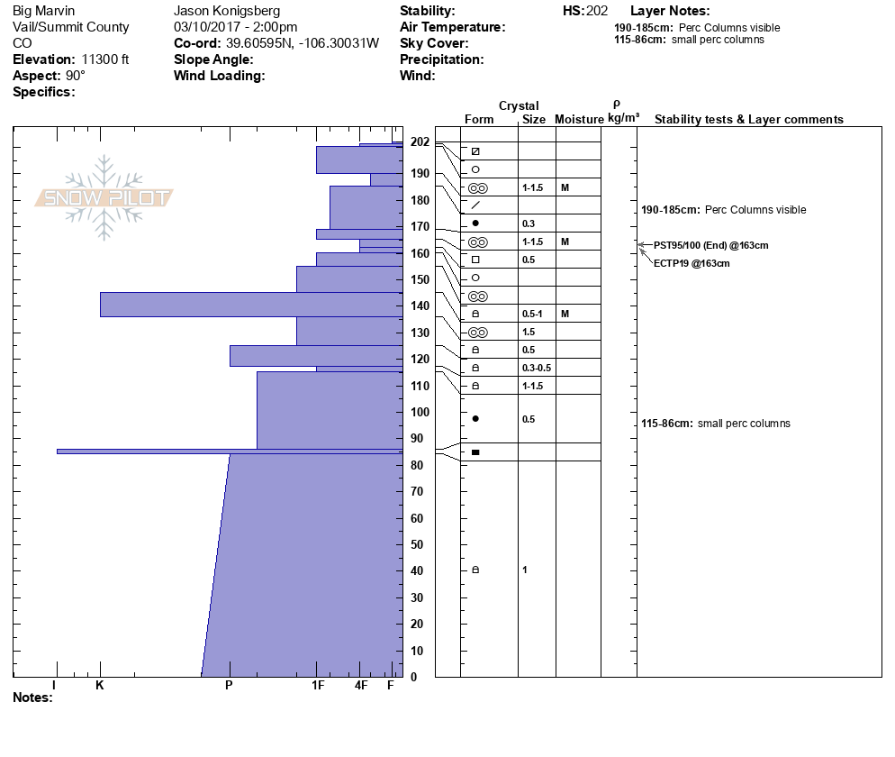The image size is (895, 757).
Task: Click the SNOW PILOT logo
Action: coord(104,197)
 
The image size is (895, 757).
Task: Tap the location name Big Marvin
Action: coord(44,11)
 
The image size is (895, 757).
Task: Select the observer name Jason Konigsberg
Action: coord(226,11)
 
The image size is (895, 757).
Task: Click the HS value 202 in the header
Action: coord(597,11)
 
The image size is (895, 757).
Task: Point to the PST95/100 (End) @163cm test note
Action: coord(710,245)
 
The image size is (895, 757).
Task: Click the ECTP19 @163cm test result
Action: coord(692,263)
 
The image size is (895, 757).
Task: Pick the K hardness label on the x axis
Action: coord(100,686)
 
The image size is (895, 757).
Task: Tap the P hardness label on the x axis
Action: coord(229,686)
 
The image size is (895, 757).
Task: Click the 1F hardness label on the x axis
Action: coord(317,686)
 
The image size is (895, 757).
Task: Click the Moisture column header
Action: coord(579,120)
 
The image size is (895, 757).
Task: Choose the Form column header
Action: coord(479,120)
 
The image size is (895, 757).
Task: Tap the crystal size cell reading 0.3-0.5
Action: coord(536,368)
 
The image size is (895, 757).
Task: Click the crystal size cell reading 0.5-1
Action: coord(533,314)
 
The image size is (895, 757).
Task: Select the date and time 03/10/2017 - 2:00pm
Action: coord(235,27)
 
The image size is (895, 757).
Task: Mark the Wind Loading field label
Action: coord(219,76)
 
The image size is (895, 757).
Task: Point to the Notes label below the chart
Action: coord(32,698)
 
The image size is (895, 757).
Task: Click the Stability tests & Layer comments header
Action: coord(748,120)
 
